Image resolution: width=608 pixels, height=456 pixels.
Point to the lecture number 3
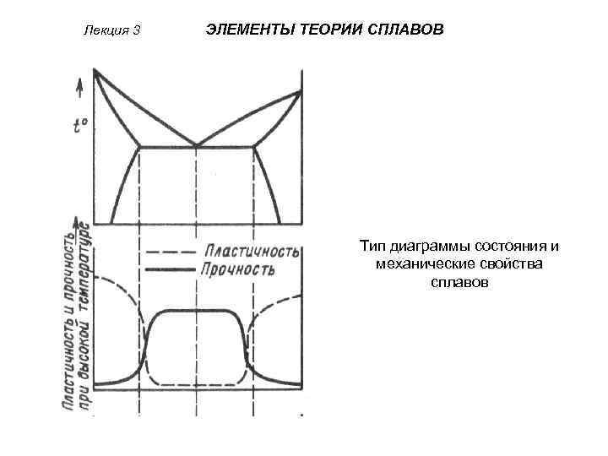[135, 31]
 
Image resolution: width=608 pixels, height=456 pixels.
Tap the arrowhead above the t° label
[79, 84]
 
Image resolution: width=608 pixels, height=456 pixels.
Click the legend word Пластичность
[251, 252]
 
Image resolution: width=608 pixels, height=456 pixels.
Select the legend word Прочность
[238, 270]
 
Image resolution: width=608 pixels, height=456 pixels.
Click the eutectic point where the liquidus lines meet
[197, 146]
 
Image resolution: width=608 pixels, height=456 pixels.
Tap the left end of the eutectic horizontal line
[139, 147]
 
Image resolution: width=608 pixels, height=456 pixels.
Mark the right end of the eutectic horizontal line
[254, 147]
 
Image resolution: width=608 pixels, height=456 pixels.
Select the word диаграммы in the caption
[426, 247]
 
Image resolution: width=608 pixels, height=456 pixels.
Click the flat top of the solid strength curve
[197, 310]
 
